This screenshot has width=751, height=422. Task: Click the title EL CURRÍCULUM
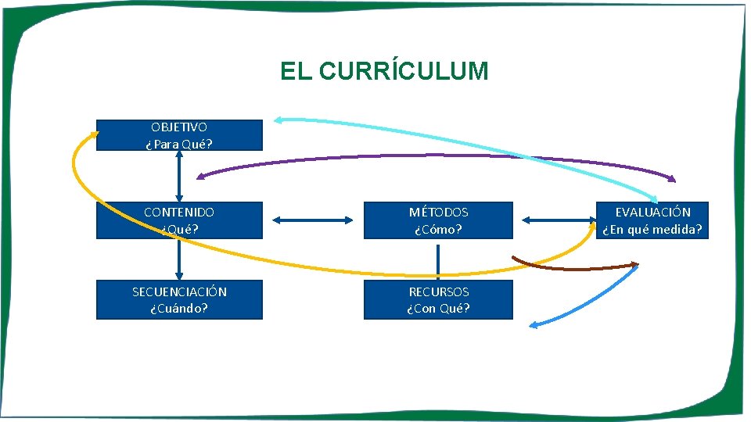(x=384, y=72)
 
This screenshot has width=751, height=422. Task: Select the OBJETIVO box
(x=179, y=134)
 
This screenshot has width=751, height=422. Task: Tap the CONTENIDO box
(x=179, y=220)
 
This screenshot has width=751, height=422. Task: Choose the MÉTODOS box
(x=438, y=220)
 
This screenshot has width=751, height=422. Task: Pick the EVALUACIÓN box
(x=652, y=220)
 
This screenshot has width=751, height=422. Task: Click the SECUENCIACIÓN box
(x=179, y=299)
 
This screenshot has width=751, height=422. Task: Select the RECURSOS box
(x=438, y=299)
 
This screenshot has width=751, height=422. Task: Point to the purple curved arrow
(x=438, y=157)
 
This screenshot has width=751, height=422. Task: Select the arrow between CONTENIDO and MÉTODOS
(x=311, y=220)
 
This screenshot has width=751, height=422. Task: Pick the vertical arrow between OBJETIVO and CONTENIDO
(x=180, y=176)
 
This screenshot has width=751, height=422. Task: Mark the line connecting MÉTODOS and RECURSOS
(x=438, y=259)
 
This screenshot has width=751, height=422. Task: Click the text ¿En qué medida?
(x=652, y=230)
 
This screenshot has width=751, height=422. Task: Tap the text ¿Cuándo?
(x=179, y=308)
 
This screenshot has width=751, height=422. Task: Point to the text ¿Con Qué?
(x=438, y=308)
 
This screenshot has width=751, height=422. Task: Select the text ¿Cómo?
(x=438, y=230)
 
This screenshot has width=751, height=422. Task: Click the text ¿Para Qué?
(x=179, y=144)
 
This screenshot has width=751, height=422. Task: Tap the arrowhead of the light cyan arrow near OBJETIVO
(x=278, y=120)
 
